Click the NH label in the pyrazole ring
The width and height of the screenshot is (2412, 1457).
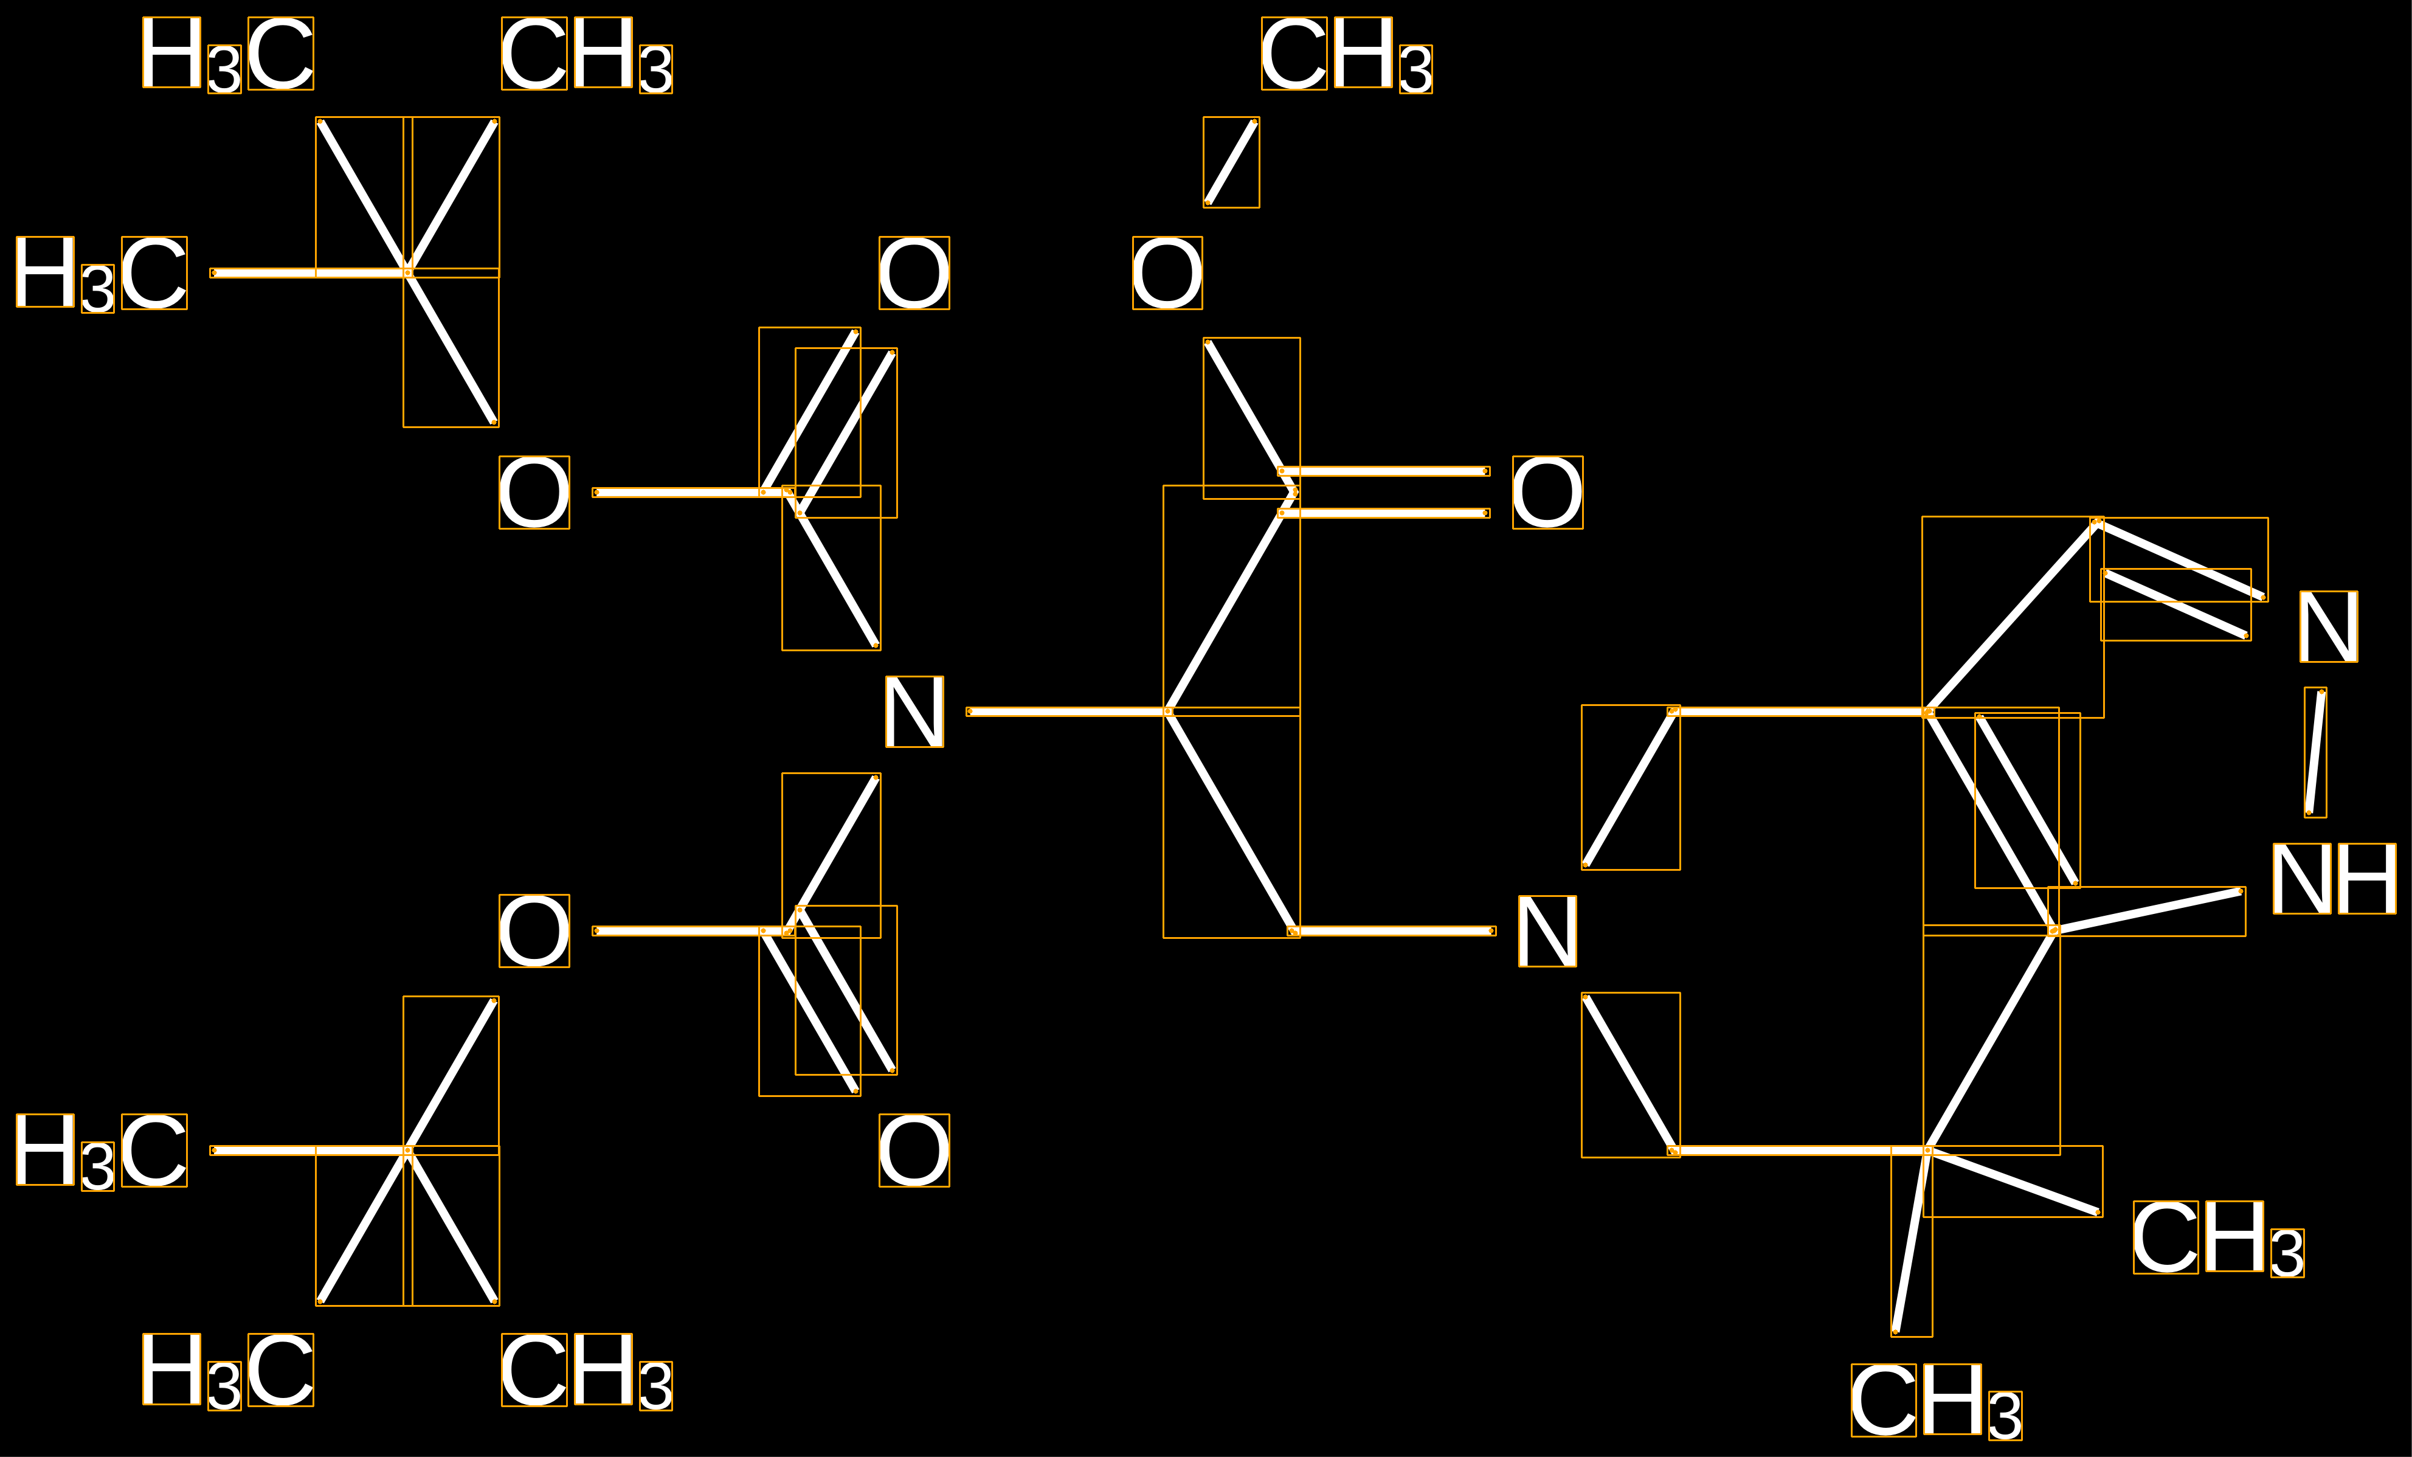[2334, 878]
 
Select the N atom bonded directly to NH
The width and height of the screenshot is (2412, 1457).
[2329, 627]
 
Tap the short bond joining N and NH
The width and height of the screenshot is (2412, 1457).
[2315, 752]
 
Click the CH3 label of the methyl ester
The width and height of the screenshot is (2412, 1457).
[1347, 55]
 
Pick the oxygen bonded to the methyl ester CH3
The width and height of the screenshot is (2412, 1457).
[1167, 273]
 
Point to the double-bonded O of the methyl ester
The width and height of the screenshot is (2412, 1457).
[1547, 493]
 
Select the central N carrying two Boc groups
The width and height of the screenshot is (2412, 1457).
[914, 712]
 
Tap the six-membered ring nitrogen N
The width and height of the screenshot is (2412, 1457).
[1547, 931]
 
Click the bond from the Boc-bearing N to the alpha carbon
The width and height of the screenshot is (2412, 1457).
[1068, 712]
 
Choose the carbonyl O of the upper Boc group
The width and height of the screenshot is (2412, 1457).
[914, 273]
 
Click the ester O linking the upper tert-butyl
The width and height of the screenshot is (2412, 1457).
[534, 493]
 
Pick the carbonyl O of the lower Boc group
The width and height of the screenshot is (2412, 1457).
[914, 1151]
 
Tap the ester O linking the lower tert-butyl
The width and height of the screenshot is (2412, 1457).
[534, 931]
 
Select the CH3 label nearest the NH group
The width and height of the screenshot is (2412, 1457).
[2218, 1239]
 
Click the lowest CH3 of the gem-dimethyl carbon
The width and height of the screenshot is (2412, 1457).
[1937, 1401]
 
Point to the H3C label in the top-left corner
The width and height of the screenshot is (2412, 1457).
[228, 55]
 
